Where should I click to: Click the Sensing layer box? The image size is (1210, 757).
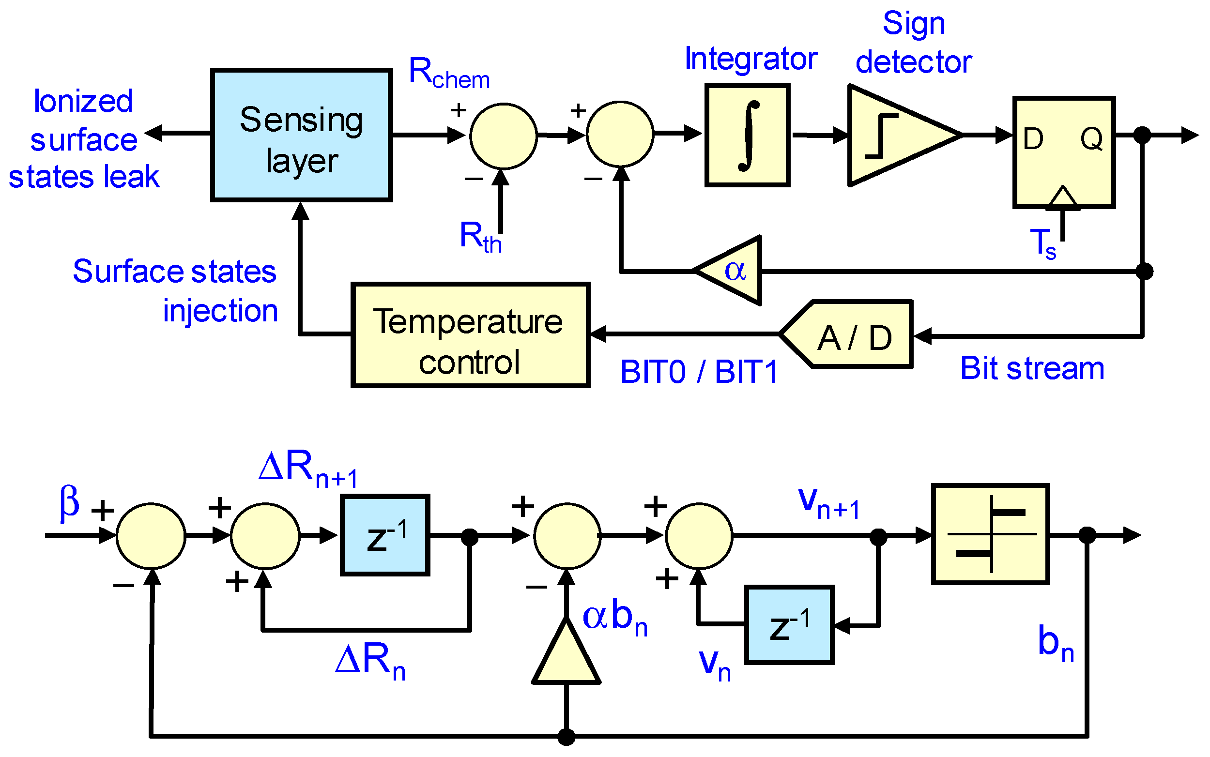point(301,135)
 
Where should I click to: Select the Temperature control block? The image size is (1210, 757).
point(470,335)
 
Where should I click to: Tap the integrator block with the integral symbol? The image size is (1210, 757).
point(747,135)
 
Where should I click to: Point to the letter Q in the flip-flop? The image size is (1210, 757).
point(1091,139)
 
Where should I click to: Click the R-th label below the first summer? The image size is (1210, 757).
point(480,237)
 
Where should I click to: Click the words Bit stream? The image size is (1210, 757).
point(1032,369)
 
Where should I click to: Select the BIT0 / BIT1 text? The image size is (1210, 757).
point(699,373)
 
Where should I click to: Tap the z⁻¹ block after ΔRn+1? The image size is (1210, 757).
point(384,535)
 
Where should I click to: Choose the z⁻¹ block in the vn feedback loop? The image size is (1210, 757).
point(789,625)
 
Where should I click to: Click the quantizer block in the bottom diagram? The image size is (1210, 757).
point(990,534)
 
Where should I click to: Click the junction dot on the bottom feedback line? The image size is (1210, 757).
point(566,737)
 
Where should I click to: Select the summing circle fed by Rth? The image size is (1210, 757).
point(504,136)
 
